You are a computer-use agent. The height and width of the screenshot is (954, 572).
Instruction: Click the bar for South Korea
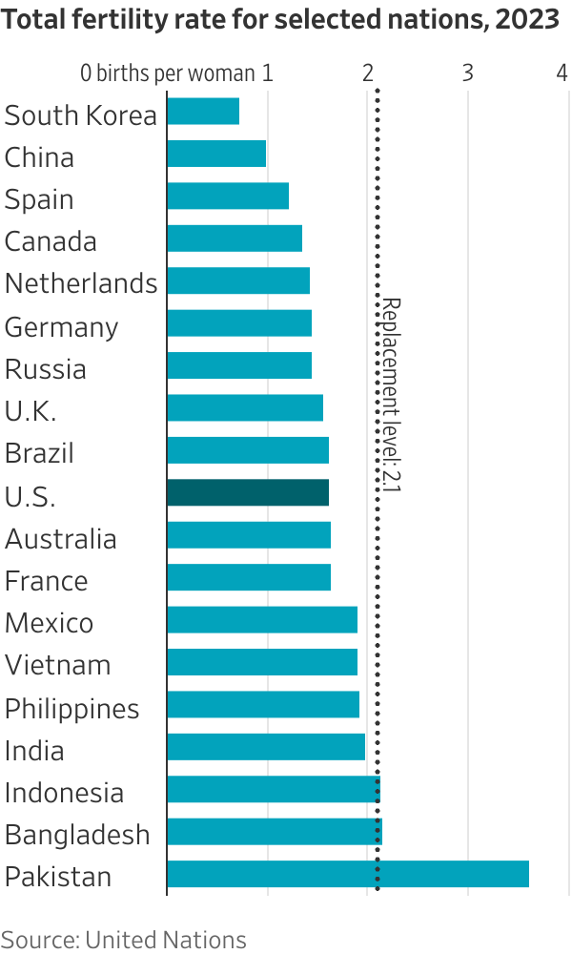point(203,112)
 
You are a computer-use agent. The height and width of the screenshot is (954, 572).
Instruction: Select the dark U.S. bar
point(248,493)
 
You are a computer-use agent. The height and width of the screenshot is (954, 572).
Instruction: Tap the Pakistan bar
point(347,874)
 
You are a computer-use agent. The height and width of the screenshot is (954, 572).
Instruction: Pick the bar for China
point(216,154)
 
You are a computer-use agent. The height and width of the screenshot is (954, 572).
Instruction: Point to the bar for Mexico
point(262,620)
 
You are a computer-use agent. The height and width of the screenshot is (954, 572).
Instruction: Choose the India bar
point(266,747)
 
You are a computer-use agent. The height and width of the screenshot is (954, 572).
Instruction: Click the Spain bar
point(228,197)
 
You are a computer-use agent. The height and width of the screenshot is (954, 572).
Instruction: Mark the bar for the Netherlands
point(238,280)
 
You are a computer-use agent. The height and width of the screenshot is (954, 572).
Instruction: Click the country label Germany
point(61,327)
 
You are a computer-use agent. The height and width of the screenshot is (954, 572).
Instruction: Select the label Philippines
point(71,709)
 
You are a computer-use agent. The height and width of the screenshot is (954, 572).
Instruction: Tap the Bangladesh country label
point(77,835)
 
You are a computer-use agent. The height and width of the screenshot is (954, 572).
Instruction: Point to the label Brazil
point(39,452)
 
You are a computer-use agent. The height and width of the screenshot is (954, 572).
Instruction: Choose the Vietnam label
point(57,665)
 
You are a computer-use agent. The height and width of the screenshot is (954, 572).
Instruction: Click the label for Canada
point(51,241)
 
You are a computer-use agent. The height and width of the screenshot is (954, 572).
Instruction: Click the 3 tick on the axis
point(468,73)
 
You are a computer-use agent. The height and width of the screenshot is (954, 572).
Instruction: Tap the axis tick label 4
point(562,73)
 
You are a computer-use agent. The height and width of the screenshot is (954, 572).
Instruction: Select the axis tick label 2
point(368,73)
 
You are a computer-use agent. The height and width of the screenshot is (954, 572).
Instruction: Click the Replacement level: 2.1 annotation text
point(391,395)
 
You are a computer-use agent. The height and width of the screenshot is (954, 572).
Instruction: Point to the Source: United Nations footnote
point(123,940)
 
